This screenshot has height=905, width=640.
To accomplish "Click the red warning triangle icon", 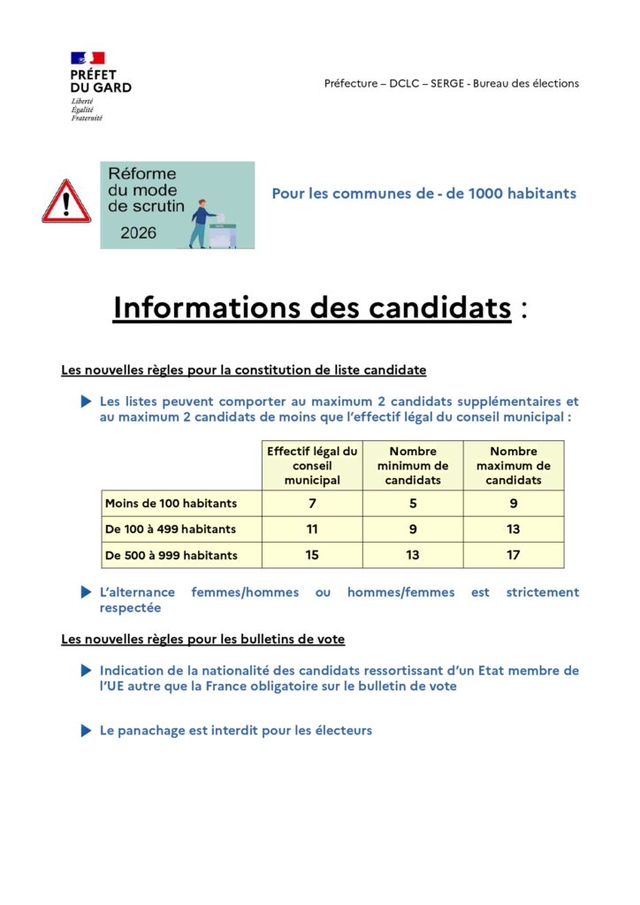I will pos(66,202).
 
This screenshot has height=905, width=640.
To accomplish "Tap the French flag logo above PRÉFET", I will pos(88,57).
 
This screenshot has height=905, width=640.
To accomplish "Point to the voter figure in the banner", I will pos(202,224).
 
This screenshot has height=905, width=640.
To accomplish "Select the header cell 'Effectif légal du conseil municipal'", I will pos(312,466).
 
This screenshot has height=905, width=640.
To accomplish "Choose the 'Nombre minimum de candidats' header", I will pos(413,466).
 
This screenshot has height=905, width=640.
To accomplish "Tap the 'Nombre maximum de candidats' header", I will pos(514,466).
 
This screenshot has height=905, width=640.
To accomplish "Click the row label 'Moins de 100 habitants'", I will pos(171,504).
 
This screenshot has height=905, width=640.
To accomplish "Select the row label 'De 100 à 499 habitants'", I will pos(171,529).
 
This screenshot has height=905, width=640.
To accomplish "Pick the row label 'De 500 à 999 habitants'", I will pos(171,555).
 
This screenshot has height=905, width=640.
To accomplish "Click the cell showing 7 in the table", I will pos(312,504).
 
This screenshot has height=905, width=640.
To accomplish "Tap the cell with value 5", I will pos(413,504).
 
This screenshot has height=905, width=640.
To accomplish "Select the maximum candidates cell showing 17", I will pos(514,555).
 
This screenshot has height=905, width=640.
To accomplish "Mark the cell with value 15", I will pos(312,555).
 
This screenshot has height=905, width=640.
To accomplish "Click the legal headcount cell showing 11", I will pos(312,529).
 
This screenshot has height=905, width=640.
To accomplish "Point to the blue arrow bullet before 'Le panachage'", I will pos(86,731).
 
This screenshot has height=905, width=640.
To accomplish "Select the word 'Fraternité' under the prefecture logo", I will pos(87,118).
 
